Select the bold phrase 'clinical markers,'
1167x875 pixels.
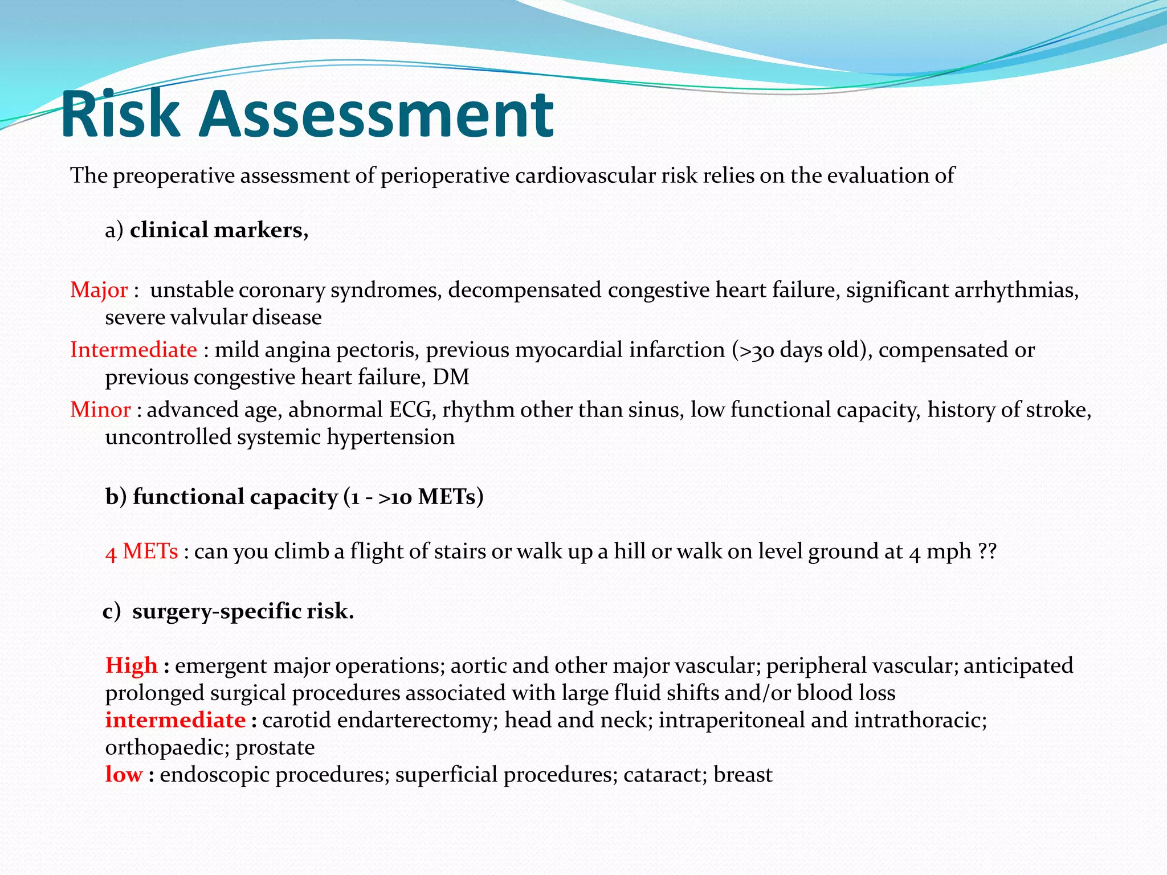219,230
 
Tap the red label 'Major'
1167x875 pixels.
99,290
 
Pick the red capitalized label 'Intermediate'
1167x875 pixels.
133,350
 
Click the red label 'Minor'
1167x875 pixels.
100,410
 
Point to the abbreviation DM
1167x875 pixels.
451,377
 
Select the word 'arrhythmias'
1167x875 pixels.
1016,290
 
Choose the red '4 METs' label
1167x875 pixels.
142,551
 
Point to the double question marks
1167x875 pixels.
987,551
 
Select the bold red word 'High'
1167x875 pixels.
131,665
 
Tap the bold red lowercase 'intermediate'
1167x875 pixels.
176,720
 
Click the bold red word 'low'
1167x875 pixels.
124,775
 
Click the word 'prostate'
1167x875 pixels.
275,748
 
